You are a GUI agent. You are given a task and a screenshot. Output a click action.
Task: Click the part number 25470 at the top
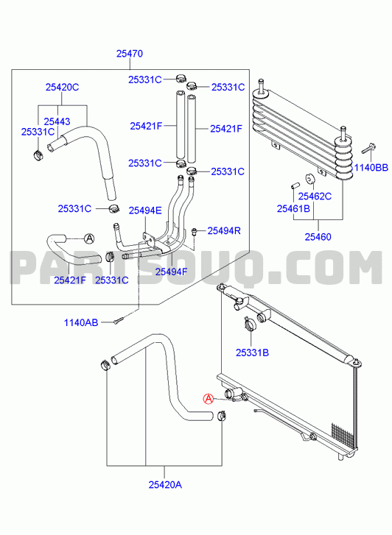pos(130,54)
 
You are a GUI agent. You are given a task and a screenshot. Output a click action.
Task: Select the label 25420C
pos(62,88)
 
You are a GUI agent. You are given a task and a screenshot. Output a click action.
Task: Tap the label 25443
pos(57,121)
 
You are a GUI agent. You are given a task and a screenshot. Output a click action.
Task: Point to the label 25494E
pos(145,210)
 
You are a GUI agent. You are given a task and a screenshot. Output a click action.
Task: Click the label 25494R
pos(224,230)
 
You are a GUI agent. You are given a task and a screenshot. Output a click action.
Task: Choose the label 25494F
pos(171,272)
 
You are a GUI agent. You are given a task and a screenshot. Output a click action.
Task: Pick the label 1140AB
pos(81,322)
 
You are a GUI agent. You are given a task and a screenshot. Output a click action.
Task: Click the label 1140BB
pos(371,168)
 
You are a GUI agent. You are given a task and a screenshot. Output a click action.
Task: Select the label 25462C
pos(315,196)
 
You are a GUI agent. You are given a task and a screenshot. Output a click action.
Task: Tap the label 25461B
pos(293,208)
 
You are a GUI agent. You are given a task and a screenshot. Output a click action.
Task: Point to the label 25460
pos(318,237)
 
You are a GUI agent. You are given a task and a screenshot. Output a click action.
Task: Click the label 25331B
pos(252,352)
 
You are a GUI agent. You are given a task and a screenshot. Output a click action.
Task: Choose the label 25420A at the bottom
pos(165,484)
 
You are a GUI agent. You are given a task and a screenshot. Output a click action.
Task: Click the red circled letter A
pos(208,399)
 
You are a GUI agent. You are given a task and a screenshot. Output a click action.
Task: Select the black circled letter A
pos(89,238)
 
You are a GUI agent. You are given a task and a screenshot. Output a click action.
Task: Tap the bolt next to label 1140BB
pos(368,149)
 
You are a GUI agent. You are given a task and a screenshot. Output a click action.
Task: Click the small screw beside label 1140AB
pos(117,321)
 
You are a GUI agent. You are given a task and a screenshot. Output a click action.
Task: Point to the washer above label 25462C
pos(310,178)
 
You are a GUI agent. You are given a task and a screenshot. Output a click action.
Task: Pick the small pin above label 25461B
pos(295,185)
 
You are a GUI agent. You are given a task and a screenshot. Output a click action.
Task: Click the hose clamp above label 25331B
pos(250,323)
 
